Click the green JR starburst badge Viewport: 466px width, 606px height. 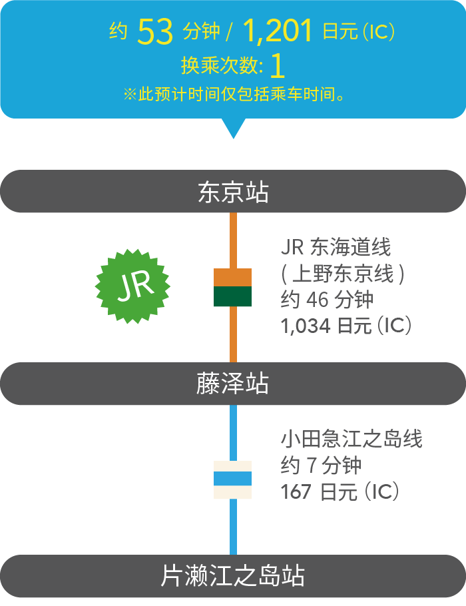[x=134, y=286]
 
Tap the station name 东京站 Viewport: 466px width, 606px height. [x=233, y=192]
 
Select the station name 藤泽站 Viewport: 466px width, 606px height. [x=233, y=384]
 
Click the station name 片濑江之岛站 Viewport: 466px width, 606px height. [x=233, y=576]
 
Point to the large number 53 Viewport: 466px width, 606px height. [x=155, y=32]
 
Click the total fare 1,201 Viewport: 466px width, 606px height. [x=278, y=31]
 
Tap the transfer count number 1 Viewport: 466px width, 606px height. [x=278, y=66]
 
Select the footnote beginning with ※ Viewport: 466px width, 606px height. [x=233, y=94]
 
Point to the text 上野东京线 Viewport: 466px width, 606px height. [x=344, y=274]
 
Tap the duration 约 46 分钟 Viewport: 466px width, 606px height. [x=326, y=300]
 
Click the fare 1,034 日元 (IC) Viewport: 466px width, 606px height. [x=346, y=326]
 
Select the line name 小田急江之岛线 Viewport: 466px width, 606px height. [x=351, y=440]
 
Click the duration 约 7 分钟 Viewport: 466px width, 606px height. [x=321, y=465]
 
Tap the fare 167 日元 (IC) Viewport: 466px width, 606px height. [x=340, y=491]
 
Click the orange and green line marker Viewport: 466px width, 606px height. [x=232, y=287]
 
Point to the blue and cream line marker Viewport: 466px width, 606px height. [x=232, y=479]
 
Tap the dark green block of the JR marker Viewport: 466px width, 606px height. [x=232, y=297]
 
